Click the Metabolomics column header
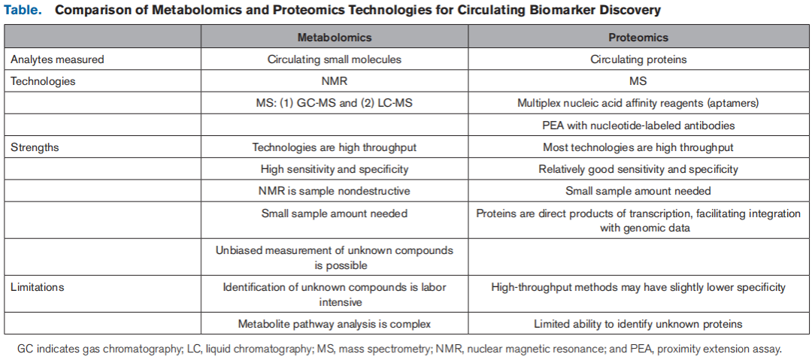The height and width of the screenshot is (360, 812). click(334, 37)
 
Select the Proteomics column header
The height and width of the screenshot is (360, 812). click(638, 37)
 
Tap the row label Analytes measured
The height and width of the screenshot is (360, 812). click(57, 59)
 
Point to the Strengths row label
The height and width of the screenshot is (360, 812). click(35, 147)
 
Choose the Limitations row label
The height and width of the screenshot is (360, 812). click(38, 286)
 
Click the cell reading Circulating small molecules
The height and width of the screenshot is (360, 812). click(334, 59)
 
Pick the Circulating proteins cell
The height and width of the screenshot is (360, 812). click(638, 59)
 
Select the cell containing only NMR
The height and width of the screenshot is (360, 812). click(334, 80)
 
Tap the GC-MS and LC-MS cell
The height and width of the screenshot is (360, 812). click(334, 103)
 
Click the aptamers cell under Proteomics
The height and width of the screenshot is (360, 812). click(638, 103)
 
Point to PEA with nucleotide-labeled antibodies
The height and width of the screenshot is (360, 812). click(638, 125)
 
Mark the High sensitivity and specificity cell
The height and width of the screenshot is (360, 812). click(334, 169)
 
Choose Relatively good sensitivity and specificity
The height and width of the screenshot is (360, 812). click(638, 169)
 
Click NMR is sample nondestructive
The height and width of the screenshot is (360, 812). click(334, 191)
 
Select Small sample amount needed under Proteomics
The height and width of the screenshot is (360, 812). click(638, 191)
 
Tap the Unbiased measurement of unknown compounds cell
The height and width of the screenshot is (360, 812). click(334, 258)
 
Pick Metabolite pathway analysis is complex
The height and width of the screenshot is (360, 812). click(334, 324)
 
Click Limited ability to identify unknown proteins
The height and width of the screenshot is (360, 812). click(638, 324)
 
